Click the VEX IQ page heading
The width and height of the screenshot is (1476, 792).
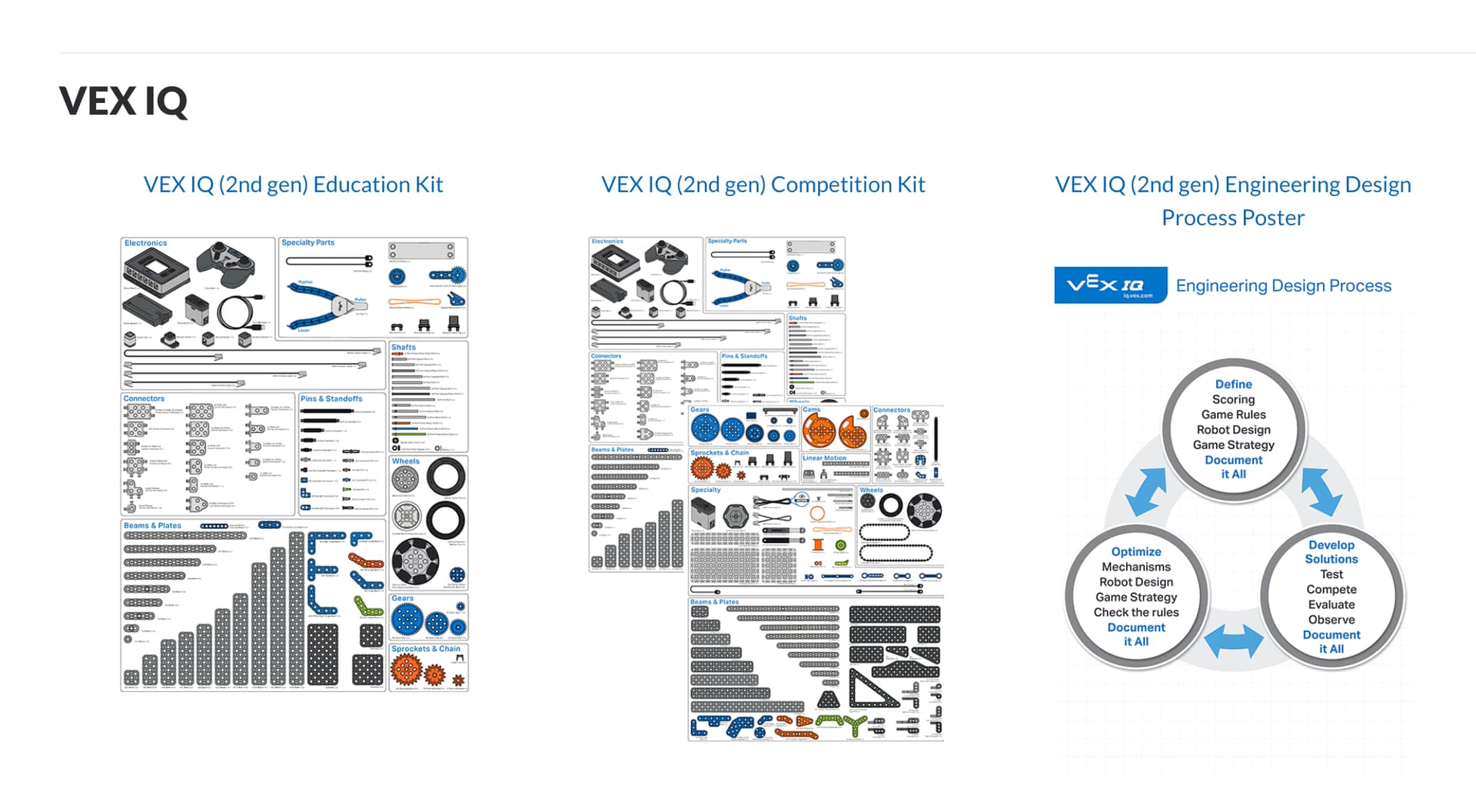pyautogui.click(x=123, y=101)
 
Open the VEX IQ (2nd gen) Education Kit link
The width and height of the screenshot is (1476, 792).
pyautogui.click(x=293, y=185)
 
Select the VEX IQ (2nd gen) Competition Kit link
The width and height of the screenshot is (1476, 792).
pyautogui.click(x=763, y=185)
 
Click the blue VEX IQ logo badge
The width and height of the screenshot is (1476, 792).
pyautogui.click(x=1110, y=285)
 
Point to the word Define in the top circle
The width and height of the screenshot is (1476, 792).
pyautogui.click(x=1233, y=384)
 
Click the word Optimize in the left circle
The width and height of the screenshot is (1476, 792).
pyautogui.click(x=1135, y=552)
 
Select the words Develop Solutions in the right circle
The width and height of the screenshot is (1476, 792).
pyautogui.click(x=1331, y=552)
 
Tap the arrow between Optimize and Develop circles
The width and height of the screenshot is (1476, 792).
pyautogui.click(x=1233, y=641)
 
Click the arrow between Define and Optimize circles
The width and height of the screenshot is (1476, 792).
pyautogui.click(x=1145, y=491)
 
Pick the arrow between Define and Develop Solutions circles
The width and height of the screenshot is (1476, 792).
pyautogui.click(x=1321, y=491)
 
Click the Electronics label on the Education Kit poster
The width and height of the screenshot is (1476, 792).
pyautogui.click(x=145, y=243)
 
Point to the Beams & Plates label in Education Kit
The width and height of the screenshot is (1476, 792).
pyautogui.click(x=152, y=526)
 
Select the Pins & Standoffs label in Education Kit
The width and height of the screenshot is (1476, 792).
pyautogui.click(x=331, y=399)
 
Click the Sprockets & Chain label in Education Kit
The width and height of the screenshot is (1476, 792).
pyautogui.click(x=426, y=649)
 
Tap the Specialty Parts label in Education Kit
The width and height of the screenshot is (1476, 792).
pyautogui.click(x=307, y=243)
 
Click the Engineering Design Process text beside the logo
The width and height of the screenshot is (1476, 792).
pyautogui.click(x=1283, y=286)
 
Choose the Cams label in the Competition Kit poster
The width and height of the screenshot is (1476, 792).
pyautogui.click(x=811, y=410)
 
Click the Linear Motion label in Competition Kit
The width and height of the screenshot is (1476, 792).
pyautogui.click(x=823, y=458)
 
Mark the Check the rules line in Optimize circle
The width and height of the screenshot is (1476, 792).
pyautogui.click(x=1135, y=613)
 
